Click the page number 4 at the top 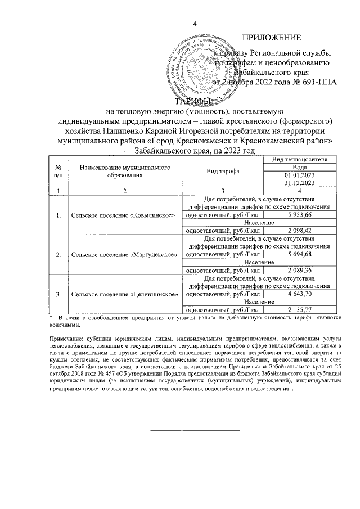(195, 23)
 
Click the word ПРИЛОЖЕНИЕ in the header (271, 38)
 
